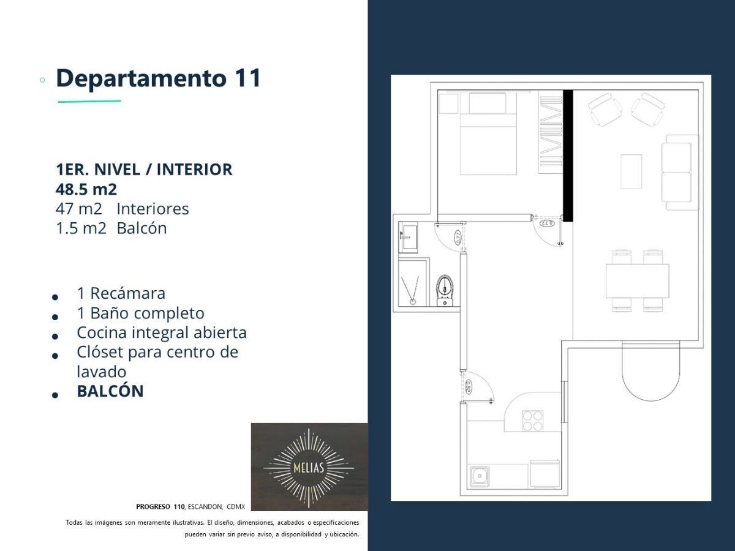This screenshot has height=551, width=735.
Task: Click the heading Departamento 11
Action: click(158, 78)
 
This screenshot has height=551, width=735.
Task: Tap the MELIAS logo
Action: click(309, 467)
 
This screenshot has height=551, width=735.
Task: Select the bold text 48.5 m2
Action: click(86, 189)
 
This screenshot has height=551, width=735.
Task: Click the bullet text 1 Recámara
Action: click(121, 293)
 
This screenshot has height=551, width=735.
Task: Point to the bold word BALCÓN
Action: click(110, 391)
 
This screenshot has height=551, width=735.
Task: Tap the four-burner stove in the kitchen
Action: click(532, 421)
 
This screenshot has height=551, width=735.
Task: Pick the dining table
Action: click(637, 281)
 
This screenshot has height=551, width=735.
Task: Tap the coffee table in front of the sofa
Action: click(631, 171)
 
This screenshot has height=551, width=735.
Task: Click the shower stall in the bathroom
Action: click(413, 282)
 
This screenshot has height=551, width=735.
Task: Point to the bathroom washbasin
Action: click(408, 237)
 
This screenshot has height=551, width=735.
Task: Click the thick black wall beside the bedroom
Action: click(567, 156)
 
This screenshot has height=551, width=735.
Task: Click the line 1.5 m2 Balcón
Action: click(111, 228)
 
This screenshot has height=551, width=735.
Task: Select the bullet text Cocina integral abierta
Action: click(161, 332)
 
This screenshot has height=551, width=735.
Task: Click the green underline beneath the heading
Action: click(89, 101)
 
